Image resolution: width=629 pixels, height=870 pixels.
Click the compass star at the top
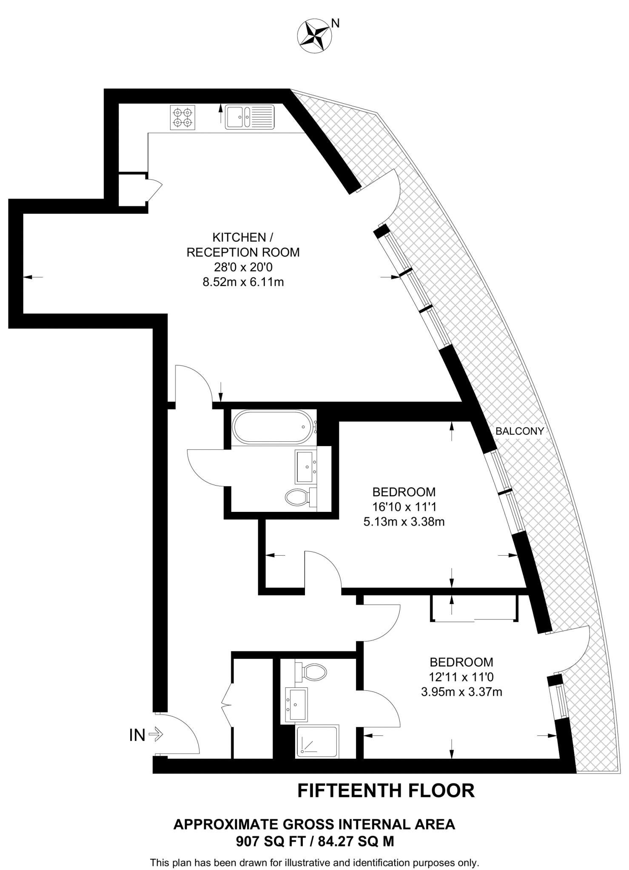(314, 36)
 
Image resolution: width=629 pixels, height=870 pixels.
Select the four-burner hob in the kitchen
(183, 117)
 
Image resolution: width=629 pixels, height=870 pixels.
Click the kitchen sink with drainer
(250, 117)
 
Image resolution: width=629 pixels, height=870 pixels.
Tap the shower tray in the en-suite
(317, 741)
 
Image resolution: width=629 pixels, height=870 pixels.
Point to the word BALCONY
(520, 431)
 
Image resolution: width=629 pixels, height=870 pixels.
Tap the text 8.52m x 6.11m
(243, 282)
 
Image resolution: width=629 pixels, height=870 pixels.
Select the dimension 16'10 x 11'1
(404, 507)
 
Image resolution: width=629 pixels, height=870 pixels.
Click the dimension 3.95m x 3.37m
(461, 692)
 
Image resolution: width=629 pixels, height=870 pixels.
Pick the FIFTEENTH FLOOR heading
(386, 791)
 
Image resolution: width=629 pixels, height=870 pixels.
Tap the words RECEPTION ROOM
(243, 252)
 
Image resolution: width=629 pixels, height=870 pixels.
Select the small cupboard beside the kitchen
(132, 190)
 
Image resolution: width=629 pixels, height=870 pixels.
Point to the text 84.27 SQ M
(356, 842)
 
